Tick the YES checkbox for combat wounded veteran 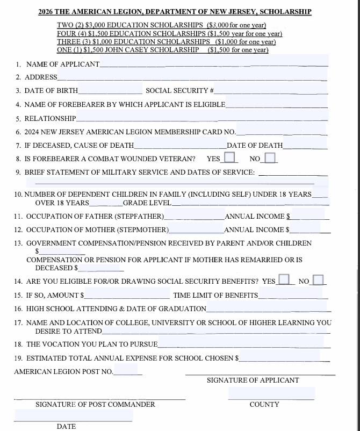(x=230, y=158)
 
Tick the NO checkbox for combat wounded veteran (x=270, y=158)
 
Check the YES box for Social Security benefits (x=285, y=280)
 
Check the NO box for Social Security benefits (x=319, y=280)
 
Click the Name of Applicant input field (x=213, y=63)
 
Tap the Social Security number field (x=271, y=90)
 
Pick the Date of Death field (x=305, y=145)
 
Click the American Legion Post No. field (x=127, y=371)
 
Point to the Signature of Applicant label (x=253, y=380)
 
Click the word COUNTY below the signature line (x=264, y=404)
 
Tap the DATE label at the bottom (x=66, y=426)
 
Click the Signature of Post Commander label (x=95, y=404)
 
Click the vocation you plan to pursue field (x=242, y=343)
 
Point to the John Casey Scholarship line (x=162, y=50)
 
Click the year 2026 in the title (x=46, y=12)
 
